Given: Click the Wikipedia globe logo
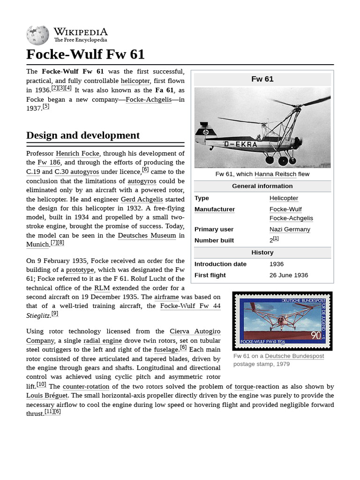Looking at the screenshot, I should point(37,35).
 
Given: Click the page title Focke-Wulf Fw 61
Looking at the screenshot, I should point(85,54).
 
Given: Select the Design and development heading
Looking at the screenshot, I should point(83,135).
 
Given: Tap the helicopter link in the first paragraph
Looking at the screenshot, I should point(135,81).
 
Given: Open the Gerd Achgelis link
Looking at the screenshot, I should point(141,199).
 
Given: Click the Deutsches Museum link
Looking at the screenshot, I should point(147,235).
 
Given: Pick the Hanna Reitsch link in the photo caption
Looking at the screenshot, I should point(275,174).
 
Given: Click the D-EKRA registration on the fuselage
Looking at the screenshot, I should point(240,144).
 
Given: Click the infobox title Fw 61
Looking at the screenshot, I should point(262,79).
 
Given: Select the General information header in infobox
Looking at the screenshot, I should point(262,186).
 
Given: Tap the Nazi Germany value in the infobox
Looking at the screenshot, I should point(290,229).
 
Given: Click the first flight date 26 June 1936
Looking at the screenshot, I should point(289,275).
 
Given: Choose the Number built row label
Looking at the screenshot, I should point(214,240).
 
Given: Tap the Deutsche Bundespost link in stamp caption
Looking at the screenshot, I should point(294,356).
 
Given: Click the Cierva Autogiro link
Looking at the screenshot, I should point(195,331).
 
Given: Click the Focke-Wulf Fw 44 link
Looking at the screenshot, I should point(190,306).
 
